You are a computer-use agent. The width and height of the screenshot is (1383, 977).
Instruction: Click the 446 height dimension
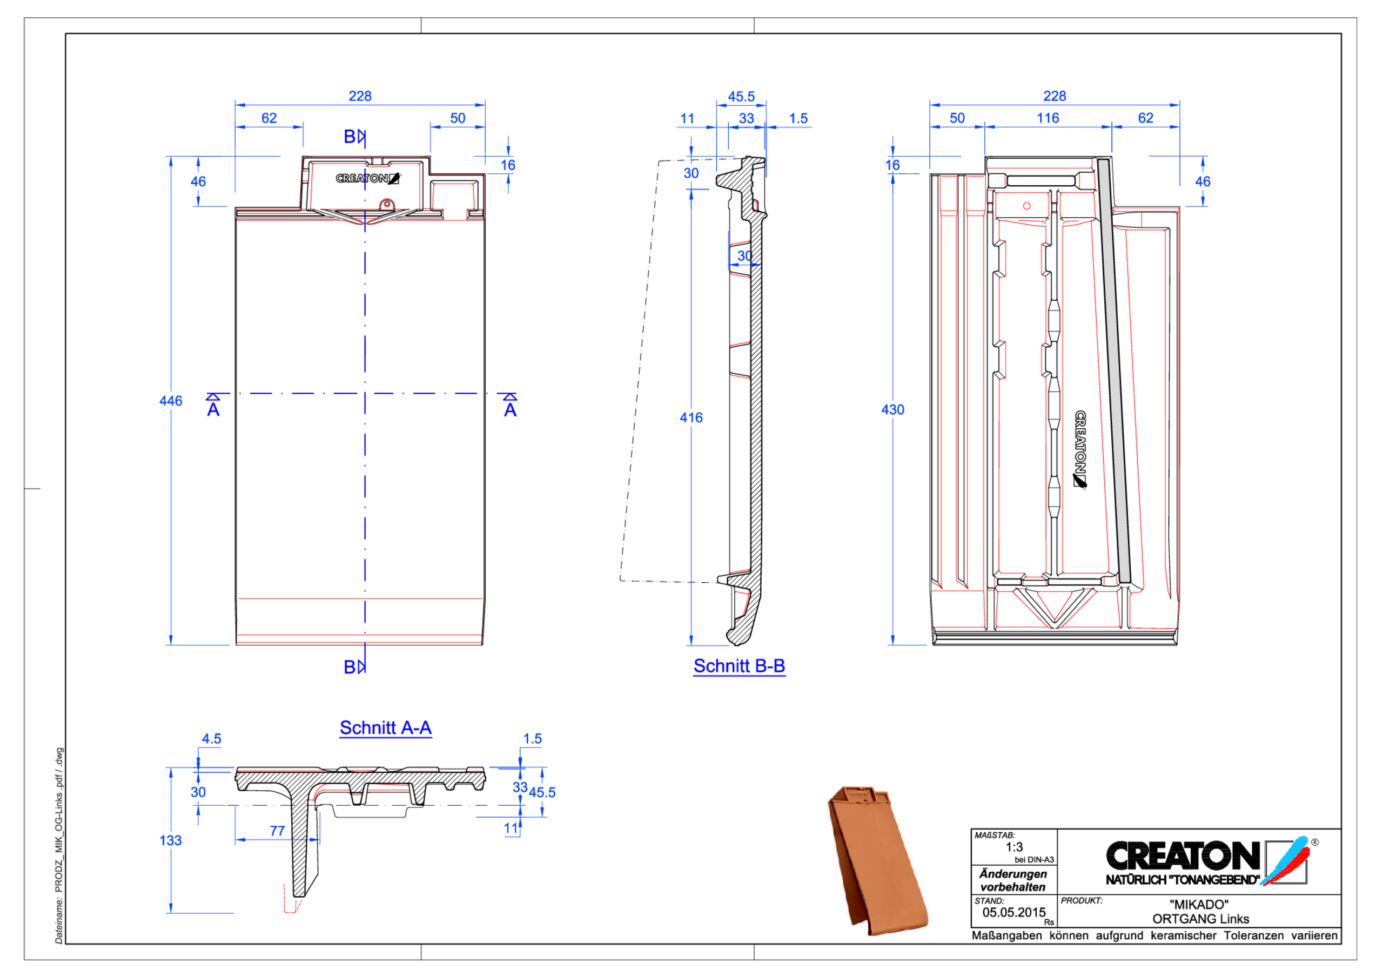(x=171, y=401)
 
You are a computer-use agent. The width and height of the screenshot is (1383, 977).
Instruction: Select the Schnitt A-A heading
(x=386, y=727)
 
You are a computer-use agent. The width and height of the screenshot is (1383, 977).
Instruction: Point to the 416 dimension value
(x=691, y=417)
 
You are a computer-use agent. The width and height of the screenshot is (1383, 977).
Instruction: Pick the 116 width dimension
(x=1048, y=118)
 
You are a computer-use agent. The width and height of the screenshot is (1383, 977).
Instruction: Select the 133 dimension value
(x=171, y=840)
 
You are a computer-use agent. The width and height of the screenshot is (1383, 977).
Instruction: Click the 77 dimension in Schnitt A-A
(x=277, y=831)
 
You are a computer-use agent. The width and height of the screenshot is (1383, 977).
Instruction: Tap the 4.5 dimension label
(x=211, y=738)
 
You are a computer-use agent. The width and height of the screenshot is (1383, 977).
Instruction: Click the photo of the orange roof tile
(x=876, y=861)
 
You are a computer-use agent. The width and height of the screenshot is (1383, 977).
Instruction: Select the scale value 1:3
(x=1014, y=847)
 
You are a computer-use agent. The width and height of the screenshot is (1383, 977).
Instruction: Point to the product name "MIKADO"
(x=1199, y=904)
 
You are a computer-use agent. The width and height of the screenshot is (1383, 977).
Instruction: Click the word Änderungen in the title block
(x=1013, y=873)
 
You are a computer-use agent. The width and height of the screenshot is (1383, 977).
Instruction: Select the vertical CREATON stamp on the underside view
(x=1080, y=449)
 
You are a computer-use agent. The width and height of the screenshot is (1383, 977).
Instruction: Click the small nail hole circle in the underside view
(x=1027, y=206)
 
